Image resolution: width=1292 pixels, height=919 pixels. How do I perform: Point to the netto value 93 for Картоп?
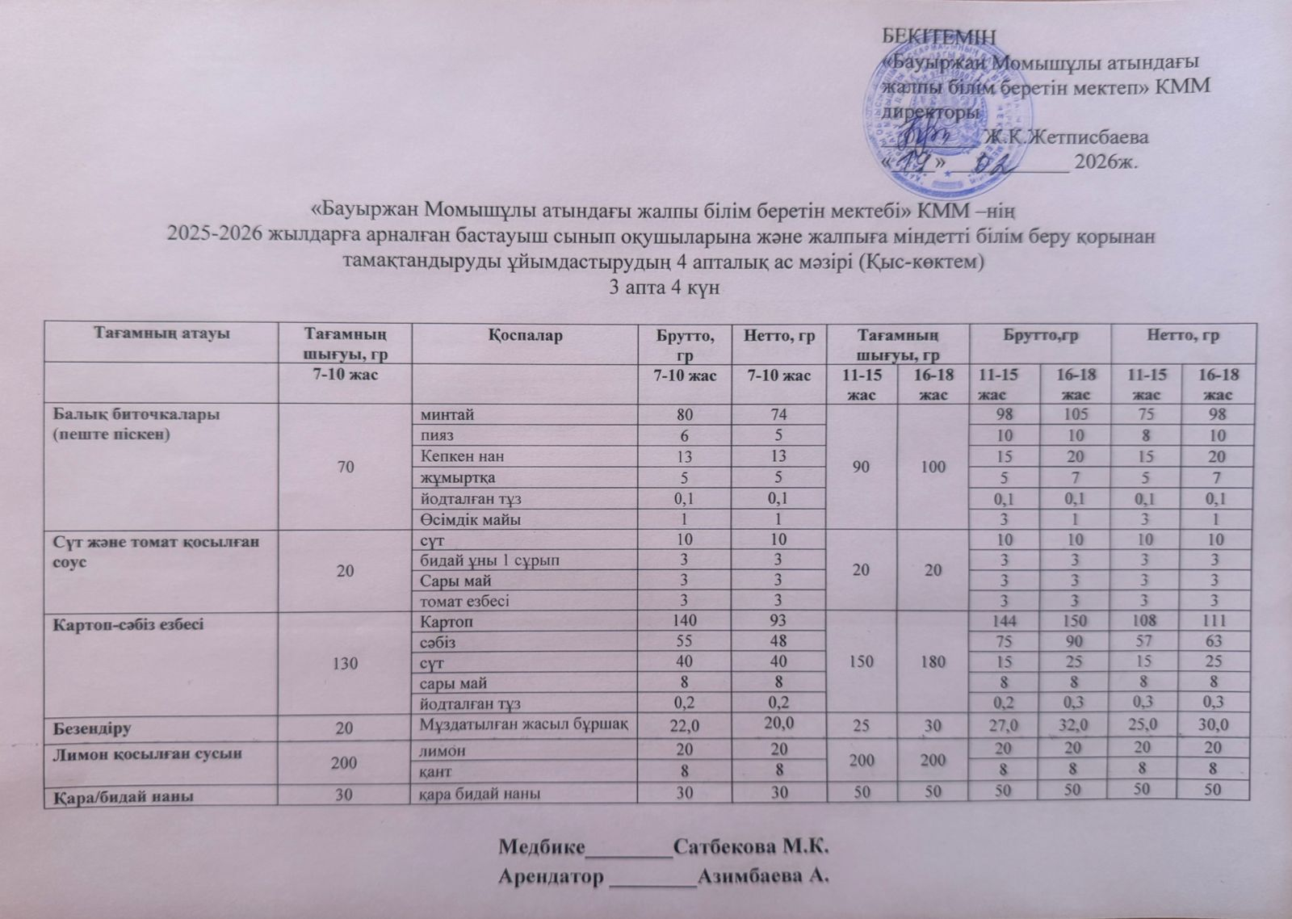click(x=772, y=622)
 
